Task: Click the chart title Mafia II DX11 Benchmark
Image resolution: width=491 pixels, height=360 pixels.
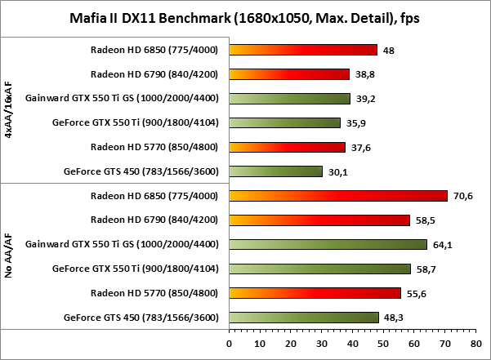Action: point(245,17)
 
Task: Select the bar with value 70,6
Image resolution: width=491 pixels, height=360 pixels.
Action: point(338,196)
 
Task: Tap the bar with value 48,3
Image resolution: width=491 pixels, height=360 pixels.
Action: point(304,318)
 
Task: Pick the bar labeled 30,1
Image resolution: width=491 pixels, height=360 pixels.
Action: point(276,171)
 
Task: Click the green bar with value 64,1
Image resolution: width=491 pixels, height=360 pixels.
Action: point(328,244)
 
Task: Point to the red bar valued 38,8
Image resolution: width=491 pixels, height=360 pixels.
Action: point(289,74)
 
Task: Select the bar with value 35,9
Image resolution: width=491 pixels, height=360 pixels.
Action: point(285,122)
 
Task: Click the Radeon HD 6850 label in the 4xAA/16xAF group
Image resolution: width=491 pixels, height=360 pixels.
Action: point(154,50)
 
